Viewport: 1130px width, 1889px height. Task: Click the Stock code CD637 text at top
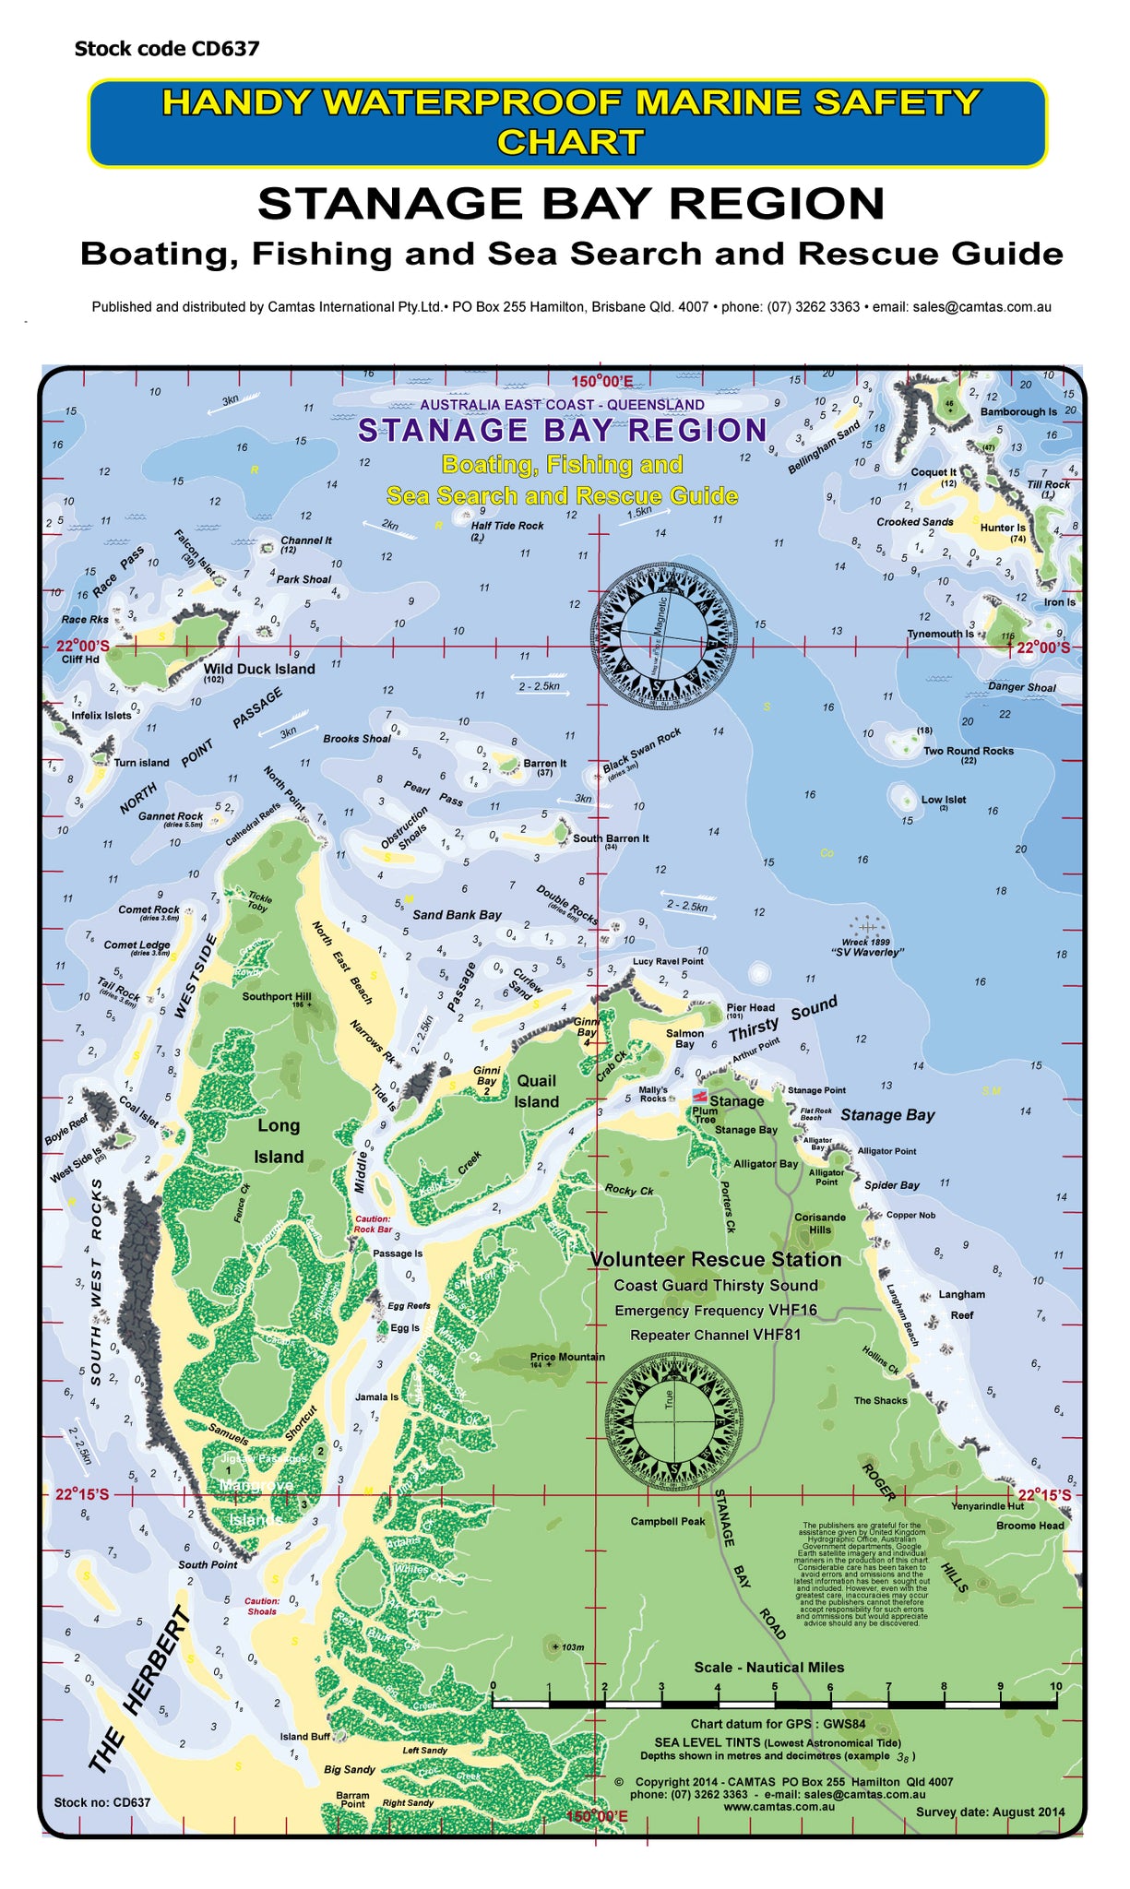pyautogui.click(x=167, y=49)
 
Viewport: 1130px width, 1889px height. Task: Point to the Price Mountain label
pyautogui.click(x=567, y=1357)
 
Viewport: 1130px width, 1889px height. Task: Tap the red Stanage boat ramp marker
pyautogui.click(x=700, y=1096)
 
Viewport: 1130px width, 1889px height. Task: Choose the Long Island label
pyautogui.click(x=279, y=1141)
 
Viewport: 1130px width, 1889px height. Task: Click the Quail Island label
pyautogui.click(x=536, y=1091)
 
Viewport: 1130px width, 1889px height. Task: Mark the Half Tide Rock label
pyautogui.click(x=507, y=526)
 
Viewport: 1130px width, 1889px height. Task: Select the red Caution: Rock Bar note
pyautogui.click(x=373, y=1224)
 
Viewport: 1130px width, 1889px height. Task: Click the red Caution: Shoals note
pyautogui.click(x=262, y=1606)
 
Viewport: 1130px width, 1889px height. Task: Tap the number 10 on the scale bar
pyautogui.click(x=1055, y=1686)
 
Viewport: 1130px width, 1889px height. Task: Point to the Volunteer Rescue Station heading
pyautogui.click(x=715, y=1259)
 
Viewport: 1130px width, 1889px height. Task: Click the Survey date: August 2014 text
pyautogui.click(x=990, y=1812)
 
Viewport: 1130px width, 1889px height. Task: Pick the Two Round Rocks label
pyautogui.click(x=969, y=751)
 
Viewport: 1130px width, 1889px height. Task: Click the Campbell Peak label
pyautogui.click(x=668, y=1521)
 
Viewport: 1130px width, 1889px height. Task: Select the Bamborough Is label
pyautogui.click(x=1018, y=412)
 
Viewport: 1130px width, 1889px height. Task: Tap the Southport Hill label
pyautogui.click(x=277, y=996)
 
